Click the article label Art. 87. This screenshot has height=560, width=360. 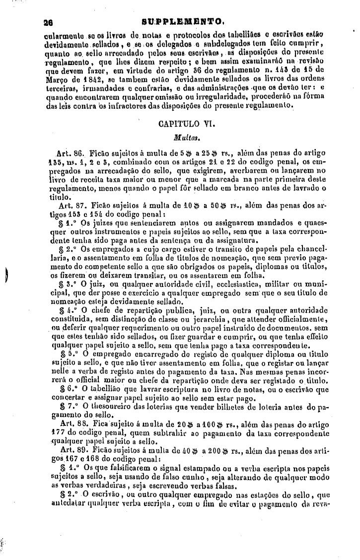pyautogui.click(x=72, y=206)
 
